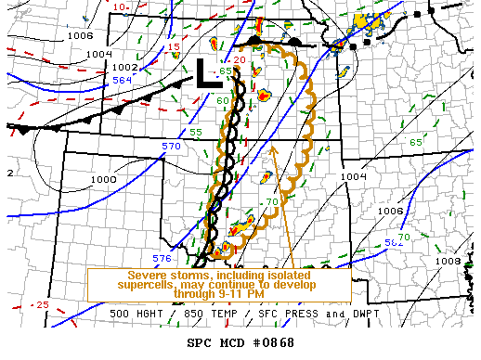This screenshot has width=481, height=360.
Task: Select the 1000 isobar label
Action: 104,179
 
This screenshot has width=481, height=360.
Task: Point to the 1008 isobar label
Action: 448,262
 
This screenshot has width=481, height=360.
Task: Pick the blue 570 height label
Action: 171,147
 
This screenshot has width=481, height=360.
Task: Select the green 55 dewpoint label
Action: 196,133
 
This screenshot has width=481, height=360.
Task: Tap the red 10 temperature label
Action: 121,6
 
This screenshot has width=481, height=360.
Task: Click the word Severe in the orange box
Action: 148,275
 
